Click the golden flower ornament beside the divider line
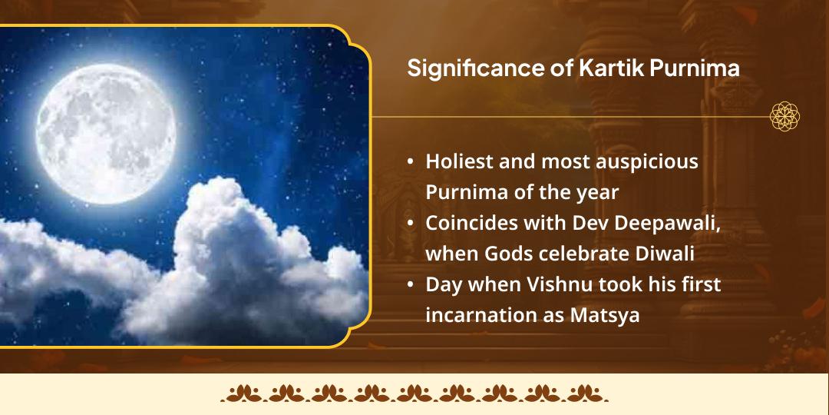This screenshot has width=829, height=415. pos(785,117)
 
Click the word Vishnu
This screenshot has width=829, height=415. pos(554,284)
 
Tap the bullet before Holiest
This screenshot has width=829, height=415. pos(411,163)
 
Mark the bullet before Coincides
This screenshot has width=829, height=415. pos(411,224)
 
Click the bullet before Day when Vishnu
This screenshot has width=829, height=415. pos(411,285)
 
